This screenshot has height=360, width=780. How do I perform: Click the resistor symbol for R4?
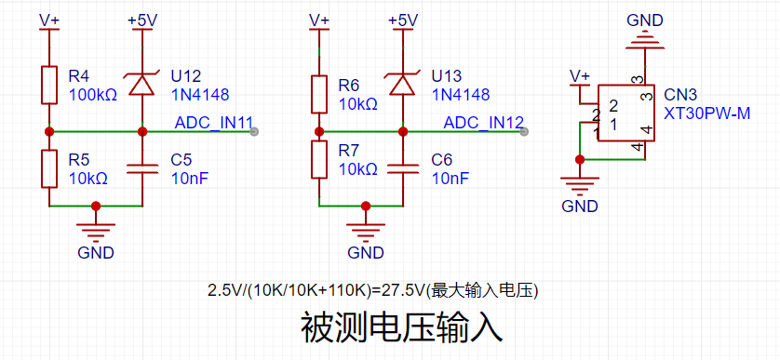tap(49, 85)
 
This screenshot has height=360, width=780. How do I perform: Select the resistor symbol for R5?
tap(49, 168)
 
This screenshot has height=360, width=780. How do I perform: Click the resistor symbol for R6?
tap(319, 94)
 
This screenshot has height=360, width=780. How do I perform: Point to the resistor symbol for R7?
tap(319, 160)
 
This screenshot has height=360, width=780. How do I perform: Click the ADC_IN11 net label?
tap(214, 123)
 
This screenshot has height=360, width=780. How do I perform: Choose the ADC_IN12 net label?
tap(483, 123)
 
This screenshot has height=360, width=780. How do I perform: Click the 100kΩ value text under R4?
tap(93, 95)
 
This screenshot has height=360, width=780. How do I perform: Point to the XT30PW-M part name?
tap(706, 113)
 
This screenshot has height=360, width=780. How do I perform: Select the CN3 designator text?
tap(681, 95)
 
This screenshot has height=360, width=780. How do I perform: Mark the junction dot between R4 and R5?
tap(49, 132)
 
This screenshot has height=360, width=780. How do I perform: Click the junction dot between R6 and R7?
tap(319, 132)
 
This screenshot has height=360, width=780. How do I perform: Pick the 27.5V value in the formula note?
tap(401, 290)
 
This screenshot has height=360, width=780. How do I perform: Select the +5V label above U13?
tap(403, 20)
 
